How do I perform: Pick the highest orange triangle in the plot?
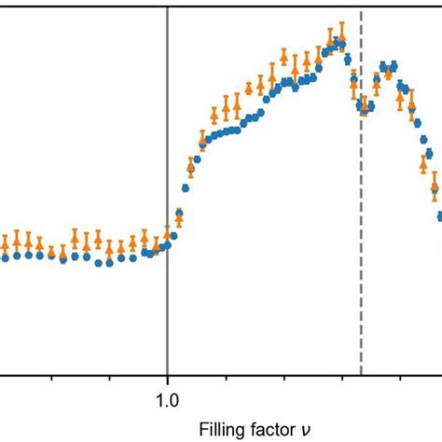pos(341,39)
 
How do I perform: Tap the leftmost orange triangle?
pos(4,244)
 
